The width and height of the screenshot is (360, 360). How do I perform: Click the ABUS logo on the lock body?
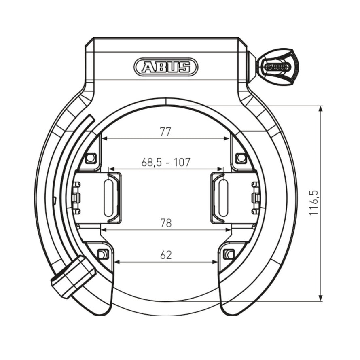coord(165,67)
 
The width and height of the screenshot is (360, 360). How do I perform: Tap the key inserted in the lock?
coord(278,67)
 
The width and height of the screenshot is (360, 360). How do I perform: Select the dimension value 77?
coord(165,132)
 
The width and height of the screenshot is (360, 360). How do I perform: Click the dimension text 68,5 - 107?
coord(166,162)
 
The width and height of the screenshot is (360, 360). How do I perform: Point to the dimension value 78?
coord(166,223)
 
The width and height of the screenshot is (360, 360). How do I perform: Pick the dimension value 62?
coord(166,255)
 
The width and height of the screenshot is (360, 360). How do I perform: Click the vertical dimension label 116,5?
coord(313,203)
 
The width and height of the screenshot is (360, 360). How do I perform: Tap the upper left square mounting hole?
coord(91,158)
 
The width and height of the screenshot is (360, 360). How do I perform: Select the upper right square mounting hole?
coord(241,158)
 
